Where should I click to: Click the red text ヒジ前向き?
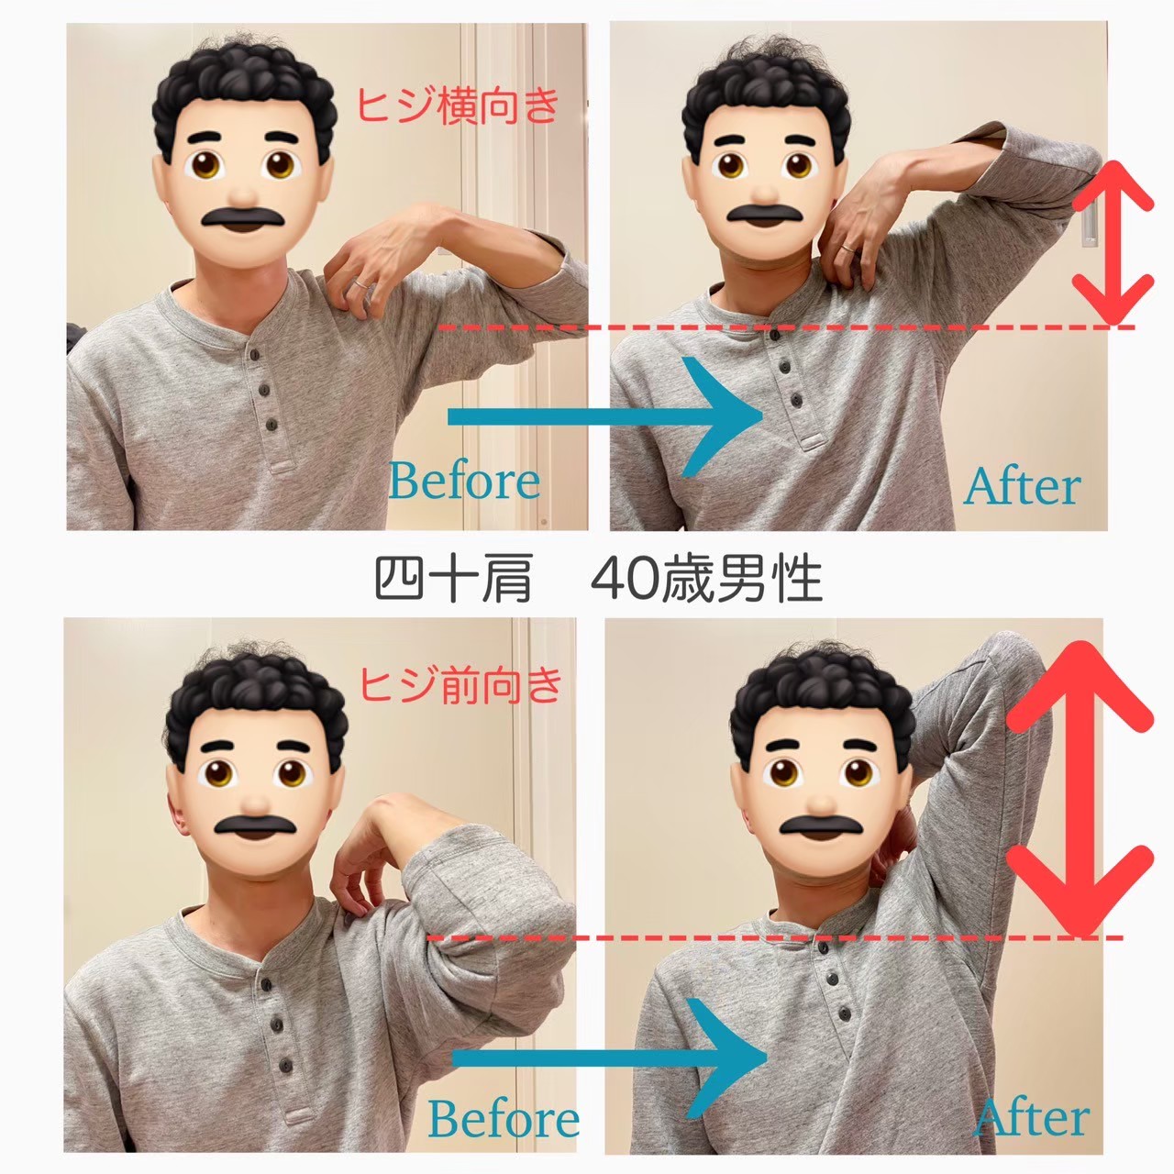[x=461, y=685]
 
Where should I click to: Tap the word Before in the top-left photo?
[x=464, y=482]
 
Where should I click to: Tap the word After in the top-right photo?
[x=1022, y=487]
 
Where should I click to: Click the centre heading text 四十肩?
[x=454, y=578]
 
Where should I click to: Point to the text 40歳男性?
[x=707, y=578]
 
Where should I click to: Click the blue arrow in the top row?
[x=605, y=416]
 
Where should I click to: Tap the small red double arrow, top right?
[x=1113, y=242]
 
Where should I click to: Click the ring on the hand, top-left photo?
[x=360, y=284]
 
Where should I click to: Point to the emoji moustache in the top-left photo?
[x=243, y=217]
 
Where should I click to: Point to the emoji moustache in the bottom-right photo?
[x=821, y=825]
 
